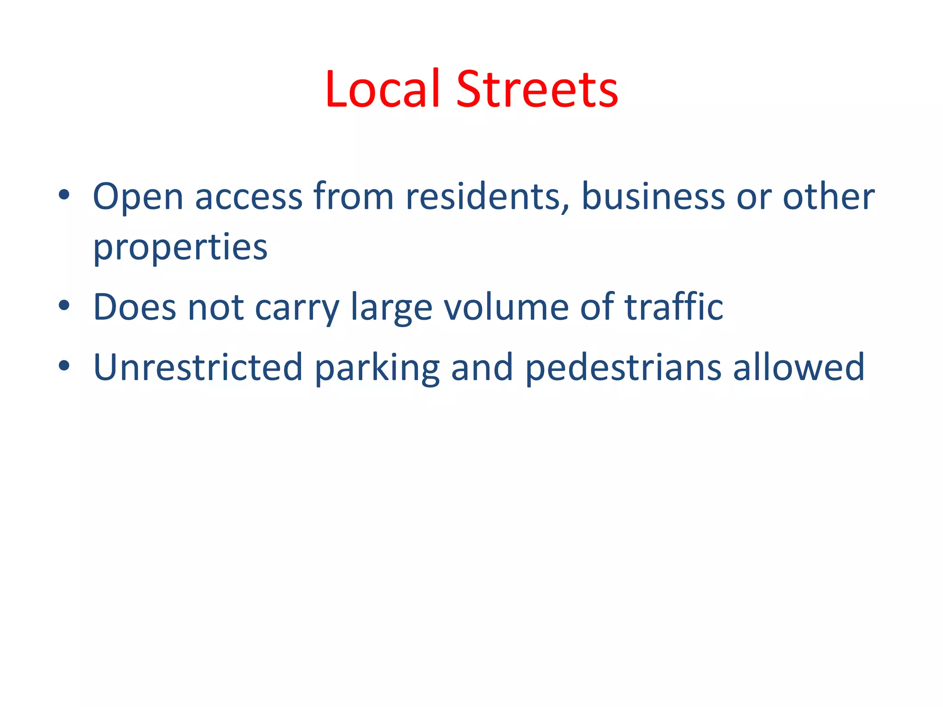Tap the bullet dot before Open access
64,195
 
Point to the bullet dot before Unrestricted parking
64,365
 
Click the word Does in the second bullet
135,307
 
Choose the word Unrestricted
198,367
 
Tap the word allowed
799,367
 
